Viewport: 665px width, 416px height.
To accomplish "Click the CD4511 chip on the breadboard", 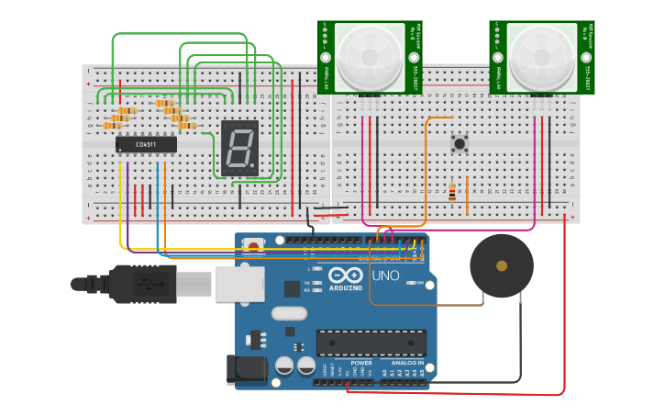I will coord(146,144).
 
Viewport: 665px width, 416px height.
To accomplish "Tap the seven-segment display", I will coord(239,148).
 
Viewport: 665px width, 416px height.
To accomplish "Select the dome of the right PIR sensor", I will coord(541,55).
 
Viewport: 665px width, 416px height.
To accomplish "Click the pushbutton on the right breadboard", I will coord(460,143).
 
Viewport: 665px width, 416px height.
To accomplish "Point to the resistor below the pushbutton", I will coord(451,191).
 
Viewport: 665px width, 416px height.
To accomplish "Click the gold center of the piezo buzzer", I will coord(502,266).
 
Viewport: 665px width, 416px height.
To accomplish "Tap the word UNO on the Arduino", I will coord(385,275).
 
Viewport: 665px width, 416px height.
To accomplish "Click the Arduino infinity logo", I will coord(345,275).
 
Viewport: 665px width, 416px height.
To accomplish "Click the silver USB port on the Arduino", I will coord(239,284).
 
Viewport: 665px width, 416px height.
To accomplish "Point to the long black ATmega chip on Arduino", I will coord(371,343).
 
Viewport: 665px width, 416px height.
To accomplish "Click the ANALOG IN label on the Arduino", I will coord(408,363).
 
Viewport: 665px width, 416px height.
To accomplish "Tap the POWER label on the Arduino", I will coord(360,363).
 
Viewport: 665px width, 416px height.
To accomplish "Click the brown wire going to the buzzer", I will coord(431,304).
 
